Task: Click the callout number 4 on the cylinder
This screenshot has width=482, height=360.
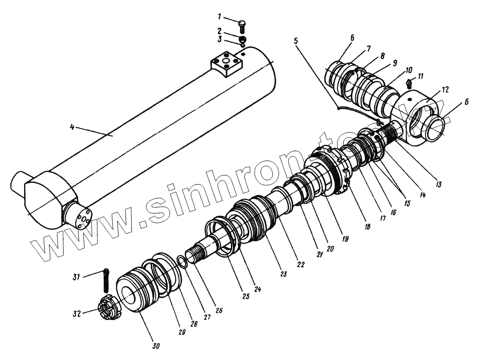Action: [x=72, y=128]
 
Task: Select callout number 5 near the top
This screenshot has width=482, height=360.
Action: [x=296, y=40]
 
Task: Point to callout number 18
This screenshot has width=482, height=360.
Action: [x=367, y=225]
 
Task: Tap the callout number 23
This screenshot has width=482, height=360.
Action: [x=283, y=274]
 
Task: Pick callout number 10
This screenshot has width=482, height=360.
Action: [x=396, y=69]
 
